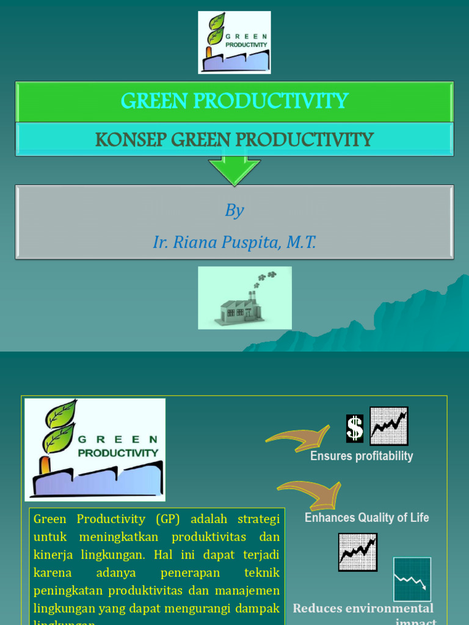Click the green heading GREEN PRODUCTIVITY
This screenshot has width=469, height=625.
click(x=234, y=101)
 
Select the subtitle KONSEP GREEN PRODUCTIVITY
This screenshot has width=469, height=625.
click(x=234, y=139)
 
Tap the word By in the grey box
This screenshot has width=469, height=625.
click(x=234, y=211)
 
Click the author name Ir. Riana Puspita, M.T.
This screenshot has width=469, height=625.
click(x=234, y=242)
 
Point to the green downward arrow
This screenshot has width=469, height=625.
click(x=234, y=171)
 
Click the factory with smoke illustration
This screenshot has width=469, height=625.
click(x=244, y=298)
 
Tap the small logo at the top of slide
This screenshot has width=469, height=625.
click(x=234, y=43)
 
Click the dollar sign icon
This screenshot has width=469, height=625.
click(x=355, y=428)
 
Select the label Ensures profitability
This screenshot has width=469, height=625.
click(x=362, y=456)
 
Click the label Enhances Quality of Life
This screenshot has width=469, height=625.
click(x=366, y=518)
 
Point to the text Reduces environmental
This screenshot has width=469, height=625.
click(x=363, y=608)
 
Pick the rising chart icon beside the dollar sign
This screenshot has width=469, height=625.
click(x=389, y=425)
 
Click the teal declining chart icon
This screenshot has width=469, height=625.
click(x=412, y=579)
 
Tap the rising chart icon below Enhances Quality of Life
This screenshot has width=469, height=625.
click(x=358, y=552)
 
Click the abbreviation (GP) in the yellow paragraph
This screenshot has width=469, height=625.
click(x=168, y=519)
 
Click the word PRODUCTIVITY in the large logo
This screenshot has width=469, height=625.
click(x=118, y=453)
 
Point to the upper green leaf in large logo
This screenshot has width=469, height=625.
click(x=62, y=413)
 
